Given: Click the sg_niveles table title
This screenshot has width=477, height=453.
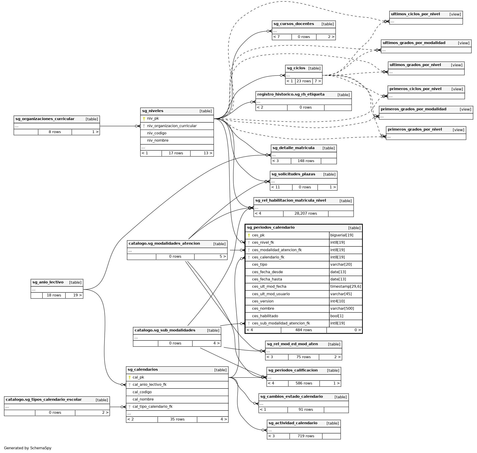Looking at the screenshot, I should click(x=153, y=111).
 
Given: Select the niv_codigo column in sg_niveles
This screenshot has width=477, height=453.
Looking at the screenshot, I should click(x=157, y=133).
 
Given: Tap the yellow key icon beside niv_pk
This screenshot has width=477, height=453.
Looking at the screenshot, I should click(x=144, y=119).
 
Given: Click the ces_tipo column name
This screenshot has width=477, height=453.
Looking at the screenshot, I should click(x=259, y=265).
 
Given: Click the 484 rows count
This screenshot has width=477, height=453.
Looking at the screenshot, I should click(x=304, y=330).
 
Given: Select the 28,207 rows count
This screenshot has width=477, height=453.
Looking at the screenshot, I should click(x=306, y=214).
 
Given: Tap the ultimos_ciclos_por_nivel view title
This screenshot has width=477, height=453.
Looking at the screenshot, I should click(x=415, y=14).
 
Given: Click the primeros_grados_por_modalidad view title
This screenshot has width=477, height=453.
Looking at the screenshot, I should click(x=413, y=109).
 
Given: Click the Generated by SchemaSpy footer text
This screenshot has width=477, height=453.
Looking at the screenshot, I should click(x=28, y=448).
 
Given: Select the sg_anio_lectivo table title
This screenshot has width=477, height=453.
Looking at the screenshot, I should click(x=48, y=282).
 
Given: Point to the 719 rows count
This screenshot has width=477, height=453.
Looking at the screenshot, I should click(x=306, y=436).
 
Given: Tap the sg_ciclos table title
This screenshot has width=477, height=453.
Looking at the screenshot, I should click(x=296, y=68).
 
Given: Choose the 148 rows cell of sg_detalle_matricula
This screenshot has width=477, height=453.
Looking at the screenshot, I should click(x=306, y=161).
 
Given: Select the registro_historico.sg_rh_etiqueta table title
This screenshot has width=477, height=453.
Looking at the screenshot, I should click(x=291, y=95).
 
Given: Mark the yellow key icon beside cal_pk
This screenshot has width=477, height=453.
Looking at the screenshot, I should click(x=129, y=377).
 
